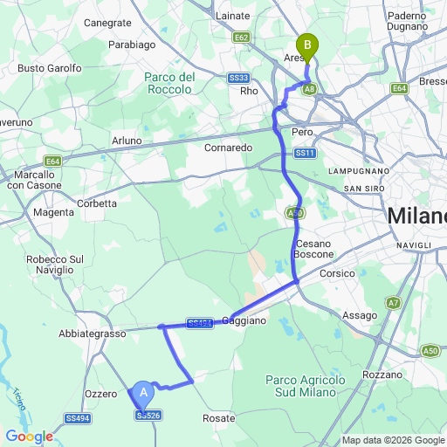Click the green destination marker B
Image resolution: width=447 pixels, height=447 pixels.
(x=306, y=45)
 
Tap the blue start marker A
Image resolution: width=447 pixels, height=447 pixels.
(x=144, y=395)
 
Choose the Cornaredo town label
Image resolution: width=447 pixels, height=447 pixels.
(x=228, y=148)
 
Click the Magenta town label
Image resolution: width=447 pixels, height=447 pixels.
(x=53, y=212)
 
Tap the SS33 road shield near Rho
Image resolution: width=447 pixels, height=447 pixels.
(x=239, y=78)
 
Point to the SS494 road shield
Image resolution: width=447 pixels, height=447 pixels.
(x=77, y=419)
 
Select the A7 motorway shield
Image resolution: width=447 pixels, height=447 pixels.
(x=394, y=303)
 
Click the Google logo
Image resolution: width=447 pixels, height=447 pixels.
(x=29, y=437)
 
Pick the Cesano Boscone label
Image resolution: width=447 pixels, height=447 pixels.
(x=314, y=248)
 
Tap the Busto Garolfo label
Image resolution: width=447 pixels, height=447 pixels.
(x=50, y=68)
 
